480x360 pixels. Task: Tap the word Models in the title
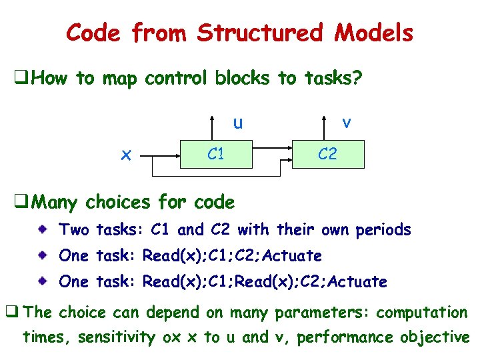375,32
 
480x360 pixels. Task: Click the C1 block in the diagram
215,155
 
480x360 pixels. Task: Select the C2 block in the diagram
327,155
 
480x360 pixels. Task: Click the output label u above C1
237,123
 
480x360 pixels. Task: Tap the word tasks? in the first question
332,79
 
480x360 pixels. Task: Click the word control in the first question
177,79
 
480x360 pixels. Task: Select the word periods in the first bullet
383,230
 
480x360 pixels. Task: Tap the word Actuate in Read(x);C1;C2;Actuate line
293,255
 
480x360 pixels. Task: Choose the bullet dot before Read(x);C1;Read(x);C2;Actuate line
43,281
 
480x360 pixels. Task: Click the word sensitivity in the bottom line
116,337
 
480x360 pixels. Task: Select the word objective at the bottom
435,337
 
